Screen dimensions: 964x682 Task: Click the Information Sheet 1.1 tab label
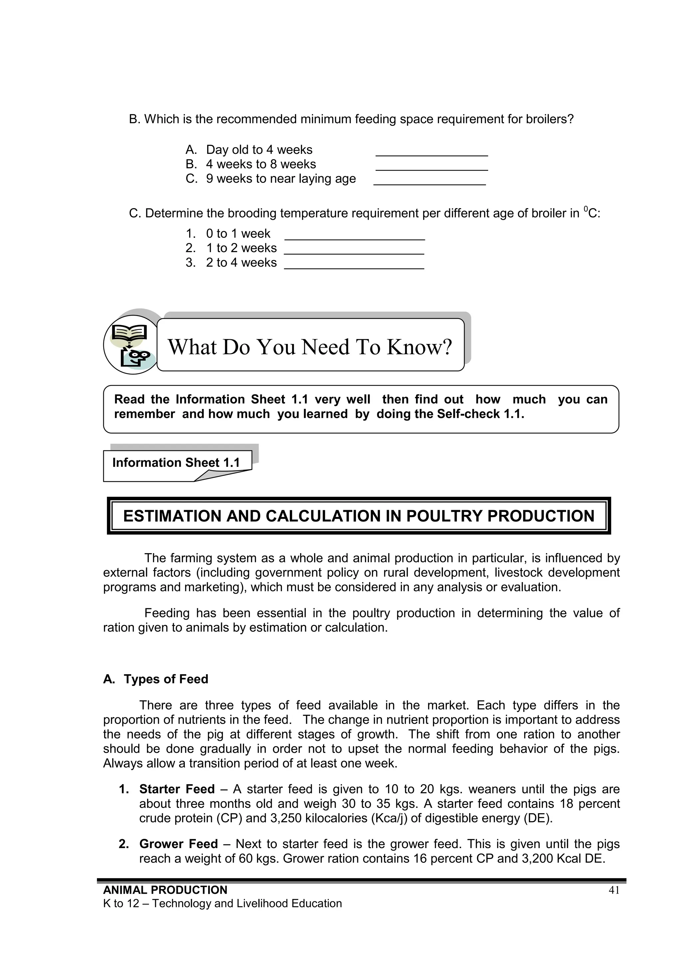pyautogui.click(x=176, y=463)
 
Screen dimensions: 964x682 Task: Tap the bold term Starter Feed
pyautogui.click(x=177, y=789)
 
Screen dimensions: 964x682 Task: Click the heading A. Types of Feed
pyautogui.click(x=156, y=679)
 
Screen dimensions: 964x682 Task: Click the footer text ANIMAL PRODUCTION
pyautogui.click(x=165, y=890)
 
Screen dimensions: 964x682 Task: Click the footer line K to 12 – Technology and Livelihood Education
pyautogui.click(x=222, y=903)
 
